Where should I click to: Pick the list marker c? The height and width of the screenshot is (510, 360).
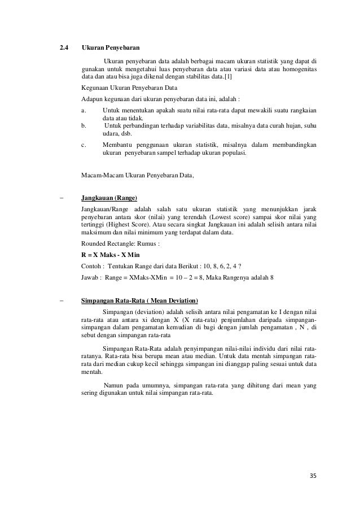(x=84, y=145)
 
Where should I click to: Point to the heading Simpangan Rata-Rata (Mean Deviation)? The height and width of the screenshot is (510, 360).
(x=143, y=300)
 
